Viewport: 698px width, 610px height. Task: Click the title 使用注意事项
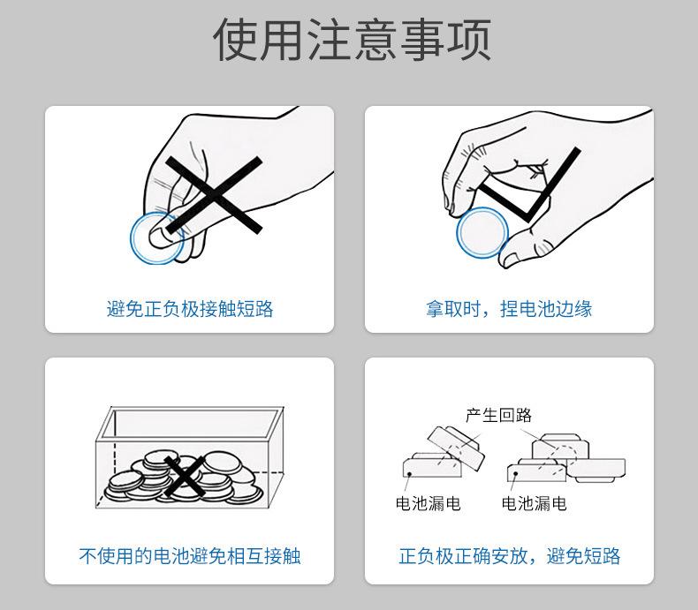click(x=353, y=39)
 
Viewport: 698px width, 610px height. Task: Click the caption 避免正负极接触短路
click(x=190, y=309)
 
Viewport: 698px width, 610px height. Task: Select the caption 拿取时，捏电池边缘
click(x=509, y=309)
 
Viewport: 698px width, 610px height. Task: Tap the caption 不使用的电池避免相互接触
click(x=190, y=556)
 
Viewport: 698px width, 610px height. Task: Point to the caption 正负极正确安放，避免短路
click(x=509, y=556)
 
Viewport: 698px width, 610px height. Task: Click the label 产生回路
click(x=498, y=415)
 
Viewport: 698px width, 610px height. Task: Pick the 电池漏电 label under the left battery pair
click(x=428, y=503)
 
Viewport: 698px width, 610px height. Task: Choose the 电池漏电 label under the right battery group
click(x=534, y=503)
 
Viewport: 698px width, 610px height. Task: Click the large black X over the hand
click(x=214, y=195)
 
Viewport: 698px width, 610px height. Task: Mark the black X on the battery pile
click(x=185, y=476)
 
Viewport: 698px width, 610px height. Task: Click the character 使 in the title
click(x=236, y=40)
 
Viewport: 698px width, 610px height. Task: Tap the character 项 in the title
click(x=469, y=40)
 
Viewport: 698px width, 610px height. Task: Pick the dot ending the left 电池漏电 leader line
click(x=409, y=474)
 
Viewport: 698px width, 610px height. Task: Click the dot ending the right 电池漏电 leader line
click(x=515, y=473)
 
